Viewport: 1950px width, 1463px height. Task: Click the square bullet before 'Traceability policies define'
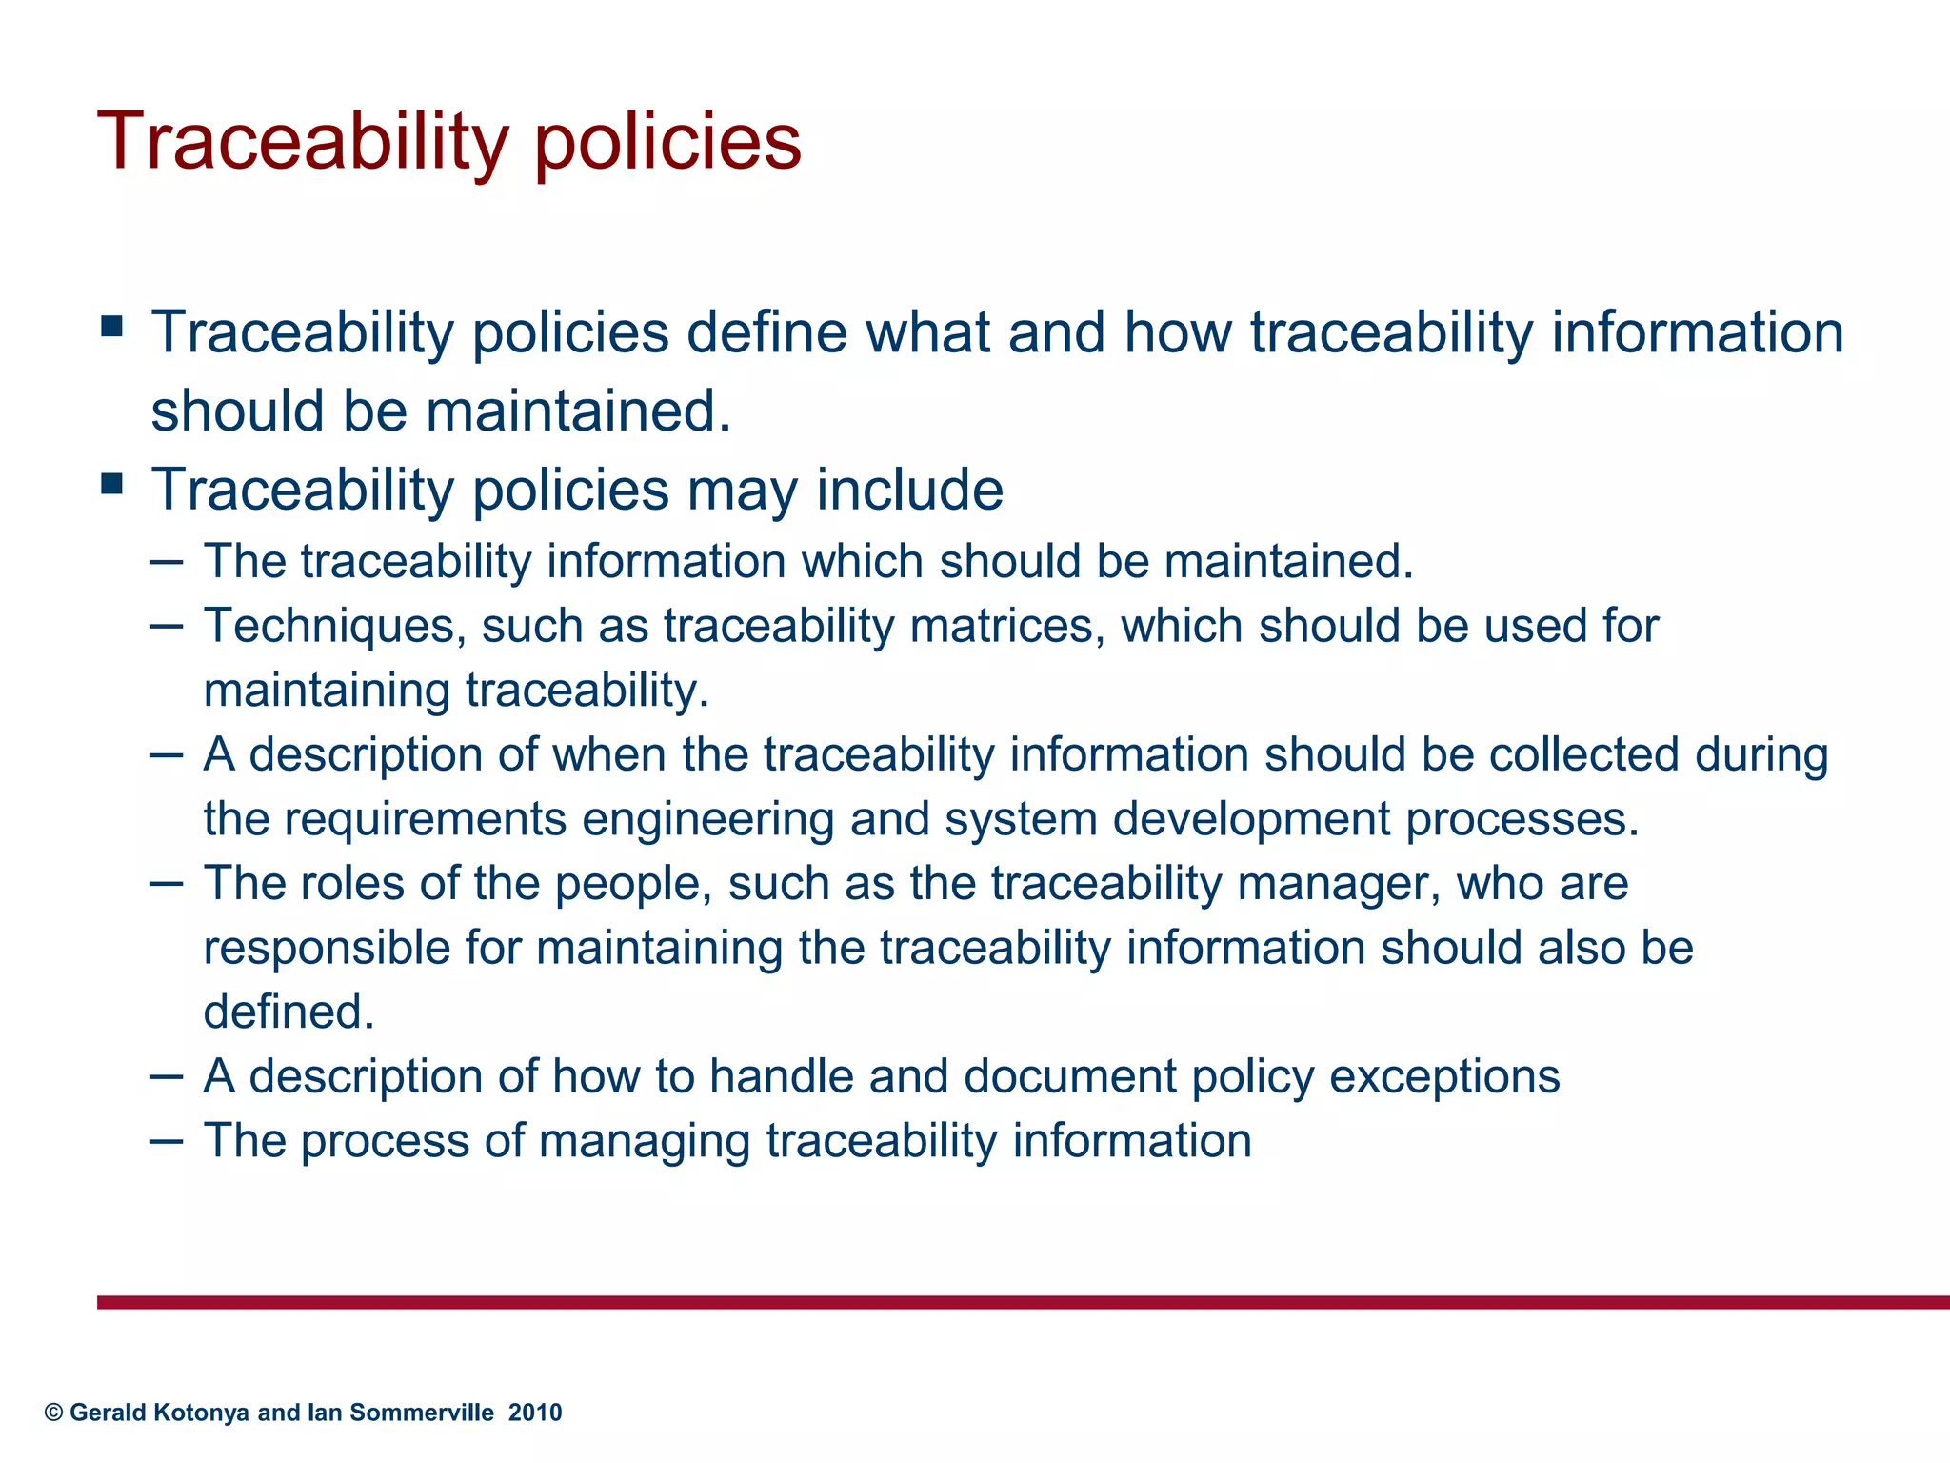[x=112, y=328]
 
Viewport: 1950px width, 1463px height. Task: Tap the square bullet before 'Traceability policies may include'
[x=112, y=485]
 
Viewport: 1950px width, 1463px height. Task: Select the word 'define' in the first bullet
[x=766, y=332]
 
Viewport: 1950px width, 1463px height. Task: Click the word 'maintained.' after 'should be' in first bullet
[x=578, y=411]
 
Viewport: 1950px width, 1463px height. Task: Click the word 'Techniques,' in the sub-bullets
[x=334, y=627]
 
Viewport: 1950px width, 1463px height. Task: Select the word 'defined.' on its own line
[x=289, y=1012]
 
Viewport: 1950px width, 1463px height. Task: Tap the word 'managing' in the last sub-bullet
[x=645, y=1141]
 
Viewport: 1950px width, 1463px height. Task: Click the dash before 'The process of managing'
[x=167, y=1139]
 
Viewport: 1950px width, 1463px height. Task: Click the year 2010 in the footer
[x=535, y=1413]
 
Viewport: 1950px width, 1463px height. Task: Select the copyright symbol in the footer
[x=54, y=1413]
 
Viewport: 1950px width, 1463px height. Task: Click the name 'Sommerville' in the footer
[x=422, y=1413]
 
